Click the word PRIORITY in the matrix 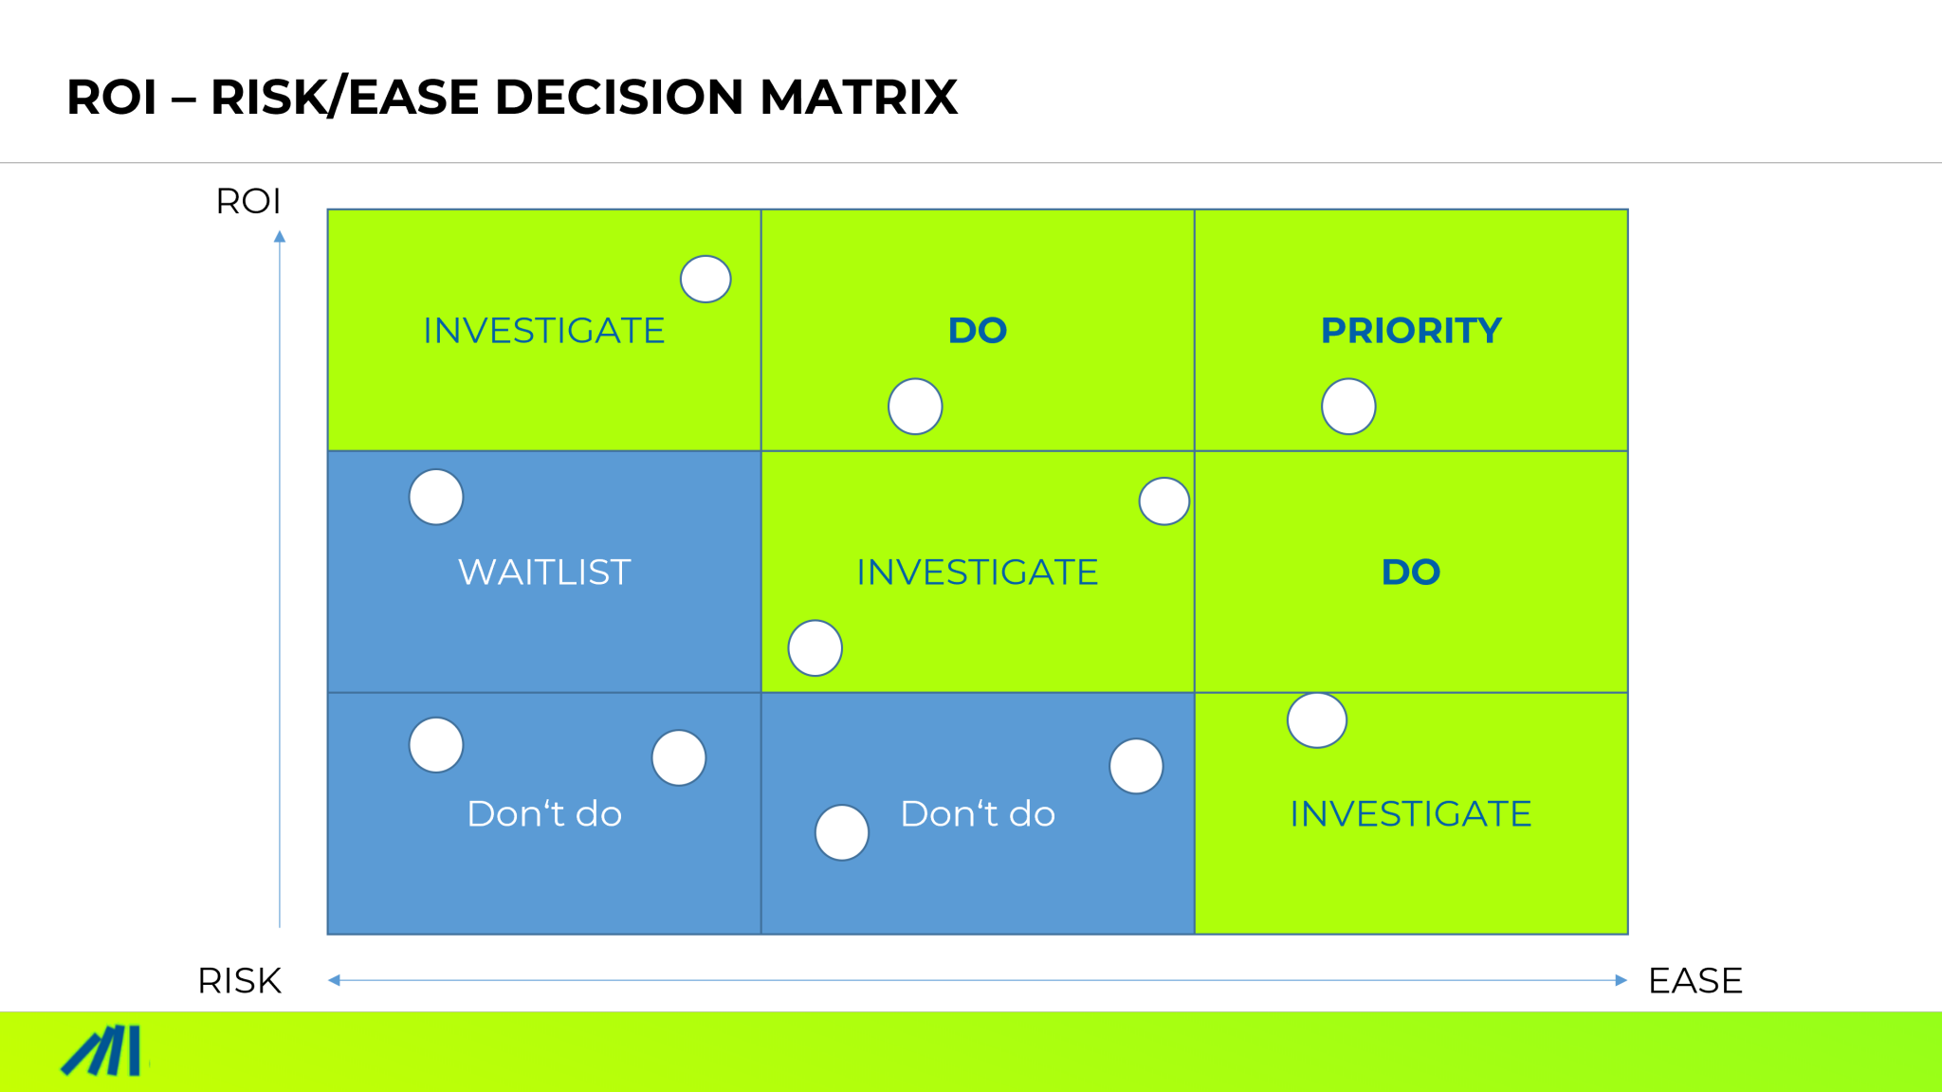coord(1411,331)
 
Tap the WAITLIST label coord(544,573)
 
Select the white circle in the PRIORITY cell coord(1348,407)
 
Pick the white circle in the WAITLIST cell coord(436,497)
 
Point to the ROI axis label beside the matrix coord(248,202)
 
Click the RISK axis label coord(239,981)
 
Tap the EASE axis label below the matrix coord(1695,981)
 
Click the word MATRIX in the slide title coord(858,98)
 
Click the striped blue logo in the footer coord(102,1051)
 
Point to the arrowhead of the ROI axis coord(280,237)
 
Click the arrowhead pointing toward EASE coord(1621,980)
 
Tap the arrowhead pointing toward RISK coord(335,980)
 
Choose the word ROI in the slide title coord(111,98)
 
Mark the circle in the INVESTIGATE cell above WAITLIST coord(705,280)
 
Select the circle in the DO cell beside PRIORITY coord(915,407)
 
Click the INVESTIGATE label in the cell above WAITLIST coord(544,331)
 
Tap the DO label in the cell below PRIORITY coord(1411,573)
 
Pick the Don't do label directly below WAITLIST coord(544,814)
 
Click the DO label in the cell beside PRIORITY coord(978,331)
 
